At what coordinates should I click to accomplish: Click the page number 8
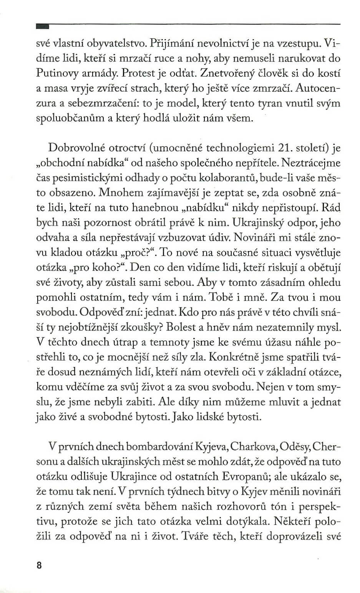click(38, 566)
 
